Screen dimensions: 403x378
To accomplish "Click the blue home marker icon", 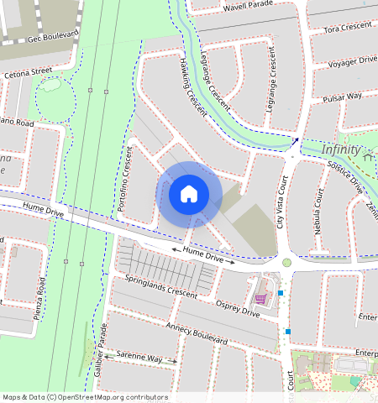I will click(188, 195).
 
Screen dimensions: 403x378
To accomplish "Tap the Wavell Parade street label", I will click(249, 8).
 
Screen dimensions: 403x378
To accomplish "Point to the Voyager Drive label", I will click(351, 61).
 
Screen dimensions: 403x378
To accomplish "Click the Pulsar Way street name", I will click(343, 96).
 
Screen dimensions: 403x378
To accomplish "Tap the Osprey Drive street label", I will click(238, 308).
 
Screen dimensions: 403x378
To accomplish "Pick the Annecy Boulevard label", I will click(197, 334).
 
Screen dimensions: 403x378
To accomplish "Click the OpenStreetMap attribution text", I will click(84, 397).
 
